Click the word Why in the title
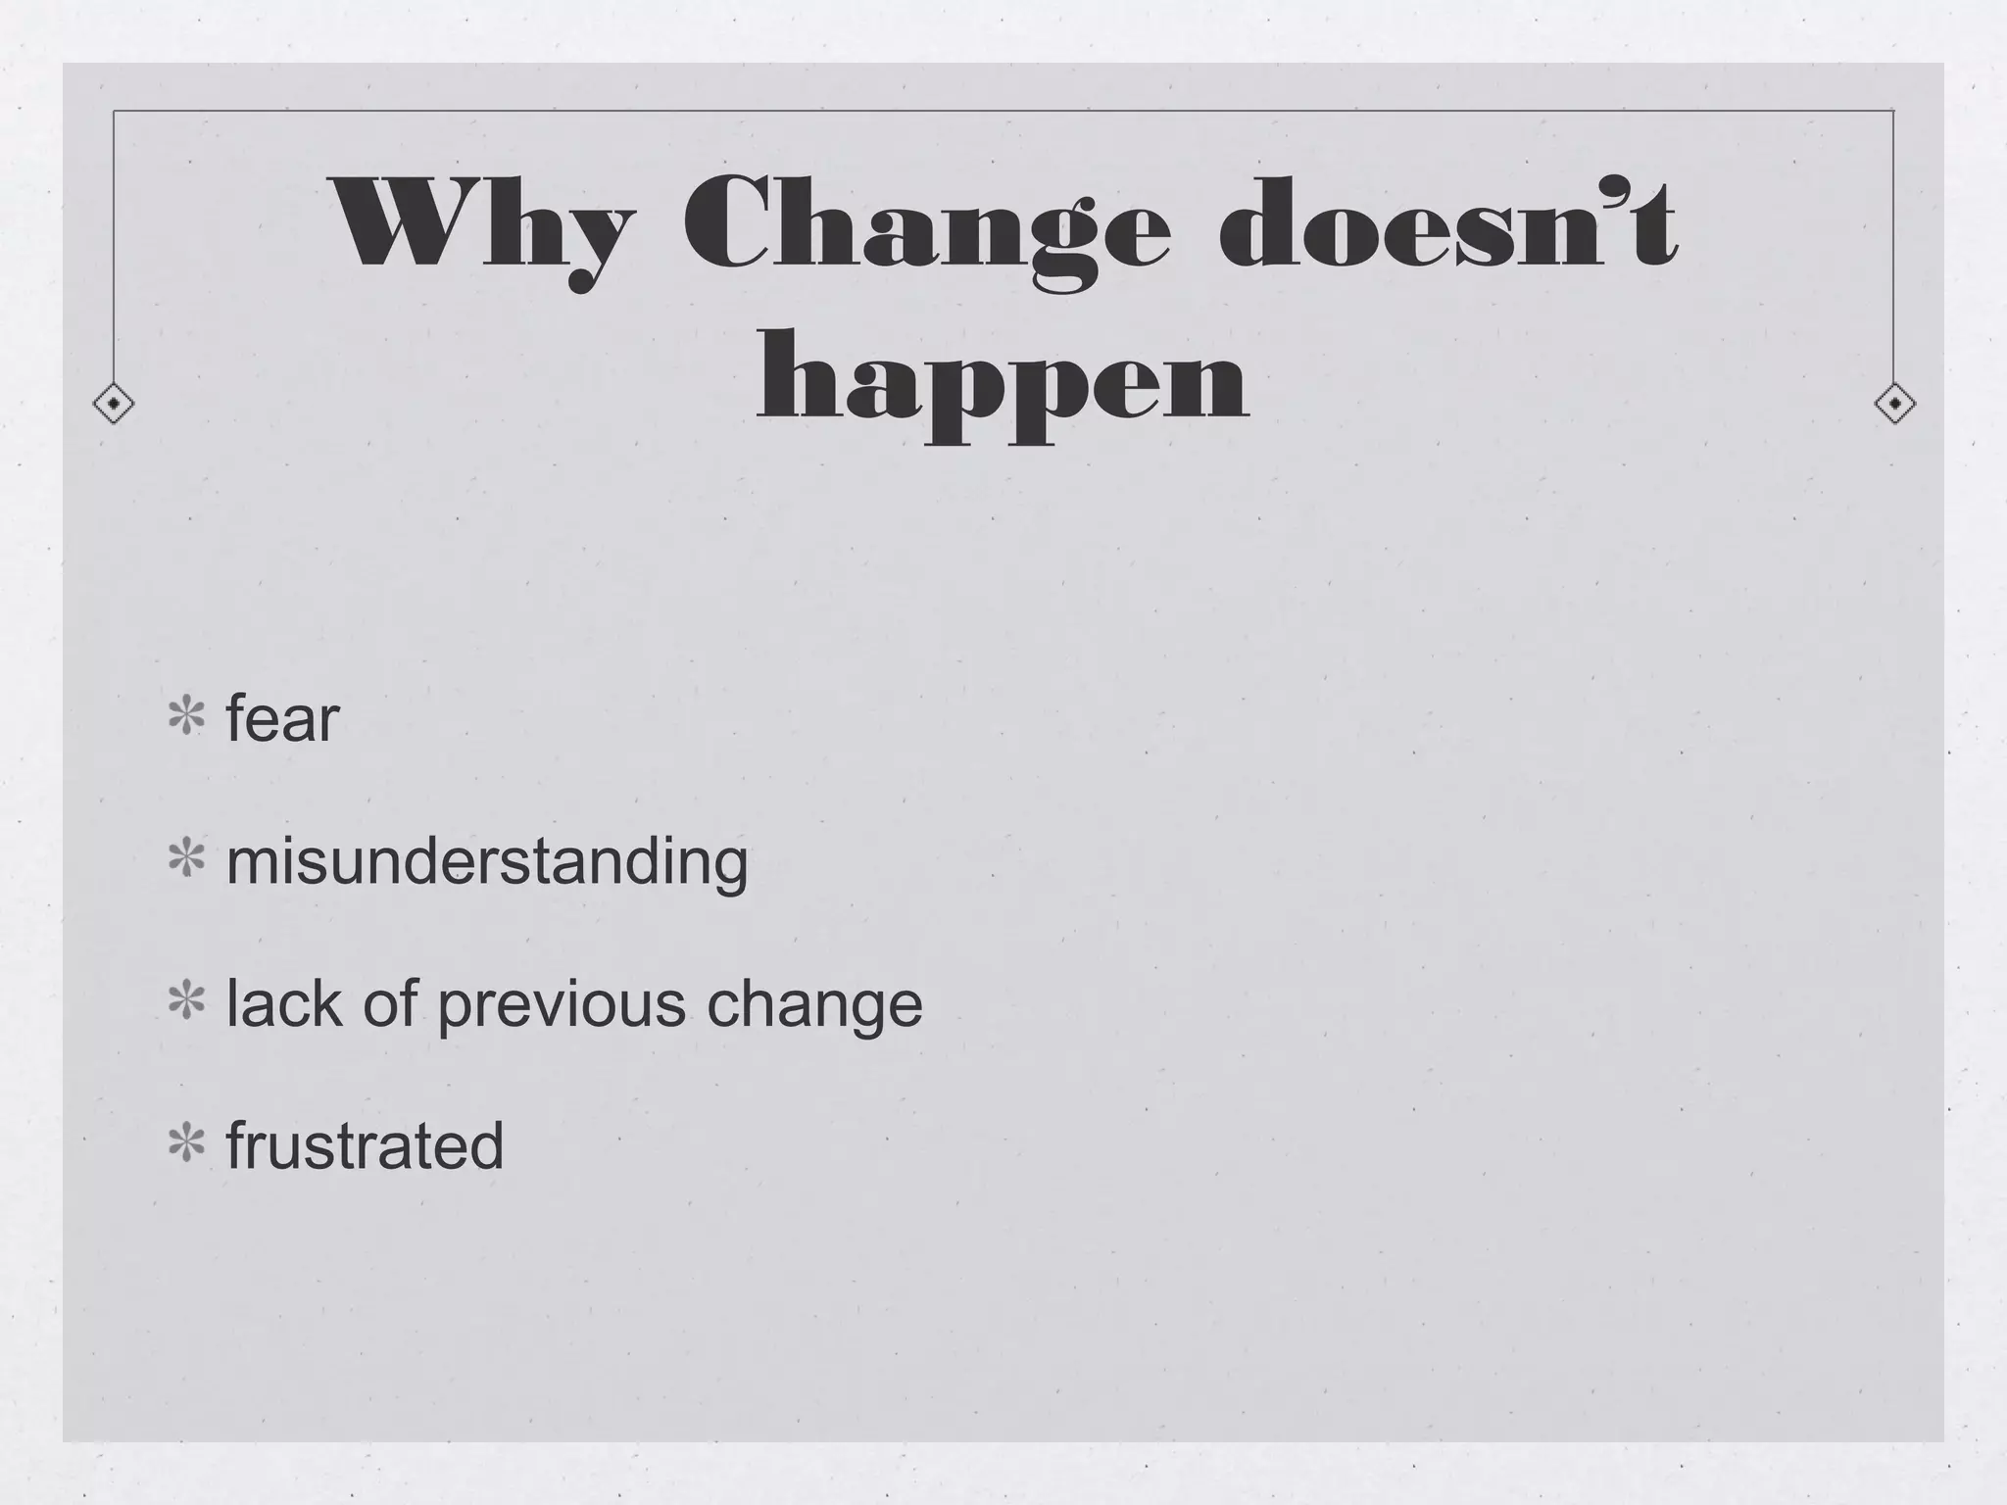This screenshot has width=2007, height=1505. point(480,225)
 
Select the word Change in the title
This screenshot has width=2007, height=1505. point(925,225)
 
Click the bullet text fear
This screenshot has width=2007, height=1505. point(282,717)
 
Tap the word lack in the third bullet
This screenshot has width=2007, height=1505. point(284,1003)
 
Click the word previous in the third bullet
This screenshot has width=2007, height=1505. point(562,1005)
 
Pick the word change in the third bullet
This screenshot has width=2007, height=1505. point(814,1005)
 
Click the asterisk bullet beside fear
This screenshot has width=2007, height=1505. point(186,717)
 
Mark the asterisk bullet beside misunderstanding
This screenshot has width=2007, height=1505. point(186,859)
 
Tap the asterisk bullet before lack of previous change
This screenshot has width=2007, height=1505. point(186,1001)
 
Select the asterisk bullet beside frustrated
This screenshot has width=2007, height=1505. point(186,1143)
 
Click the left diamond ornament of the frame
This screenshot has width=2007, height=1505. point(114,403)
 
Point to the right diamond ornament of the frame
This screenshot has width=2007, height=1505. point(1894,403)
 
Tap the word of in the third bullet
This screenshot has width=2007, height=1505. point(390,1003)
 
